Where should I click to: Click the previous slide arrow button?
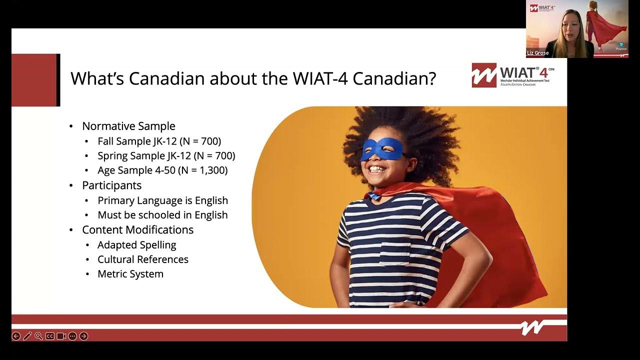click(16, 336)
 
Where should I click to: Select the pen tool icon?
click(27, 336)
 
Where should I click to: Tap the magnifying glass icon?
click(38, 336)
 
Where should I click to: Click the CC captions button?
click(49, 336)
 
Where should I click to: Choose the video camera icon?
click(61, 336)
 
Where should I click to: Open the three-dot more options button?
click(72, 336)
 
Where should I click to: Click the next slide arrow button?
click(83, 336)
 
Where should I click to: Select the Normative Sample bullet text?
click(128, 126)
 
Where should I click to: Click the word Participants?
click(111, 185)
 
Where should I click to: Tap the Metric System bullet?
click(130, 274)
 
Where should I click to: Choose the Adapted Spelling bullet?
click(136, 245)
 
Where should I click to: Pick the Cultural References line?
click(143, 259)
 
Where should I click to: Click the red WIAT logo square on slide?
click(484, 75)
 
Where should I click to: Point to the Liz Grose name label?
click(538, 53)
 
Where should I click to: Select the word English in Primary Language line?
click(211, 200)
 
